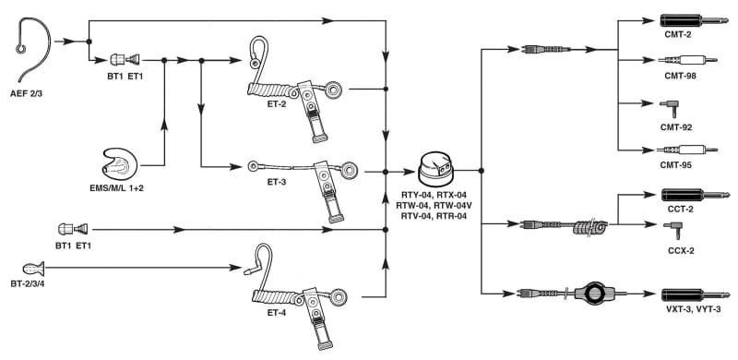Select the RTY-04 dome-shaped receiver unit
[x=435, y=169]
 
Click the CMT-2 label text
[x=678, y=34]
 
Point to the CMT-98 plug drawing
[x=687, y=60]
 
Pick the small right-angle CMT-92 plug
[x=670, y=109]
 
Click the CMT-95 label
[x=678, y=165]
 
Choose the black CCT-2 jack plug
[x=696, y=195]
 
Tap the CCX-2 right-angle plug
[x=673, y=231]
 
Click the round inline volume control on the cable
[x=595, y=294]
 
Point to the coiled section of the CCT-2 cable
[x=589, y=227]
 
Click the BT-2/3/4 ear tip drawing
[x=34, y=269]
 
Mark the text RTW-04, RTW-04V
[x=433, y=205]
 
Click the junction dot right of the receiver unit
[x=481, y=170]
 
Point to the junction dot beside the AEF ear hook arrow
[x=89, y=42]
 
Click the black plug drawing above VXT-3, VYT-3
[x=696, y=295]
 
